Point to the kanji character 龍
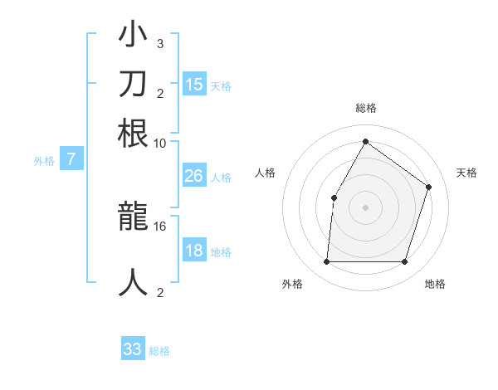pos(134,217)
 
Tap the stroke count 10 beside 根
pos(160,142)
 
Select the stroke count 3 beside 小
pos(159,43)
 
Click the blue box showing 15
pos(194,84)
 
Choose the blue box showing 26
pos(193,176)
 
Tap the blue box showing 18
pos(193,251)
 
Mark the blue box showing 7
pos(71,160)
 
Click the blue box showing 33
pos(133,349)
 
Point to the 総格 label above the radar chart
pos(365,108)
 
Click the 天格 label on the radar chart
pos(466,173)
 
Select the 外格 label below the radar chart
pos(292,284)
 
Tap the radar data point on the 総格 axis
pos(365,141)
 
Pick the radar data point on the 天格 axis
pos(429,187)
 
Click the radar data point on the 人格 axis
pos(334,197)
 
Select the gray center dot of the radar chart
pos(365,207)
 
